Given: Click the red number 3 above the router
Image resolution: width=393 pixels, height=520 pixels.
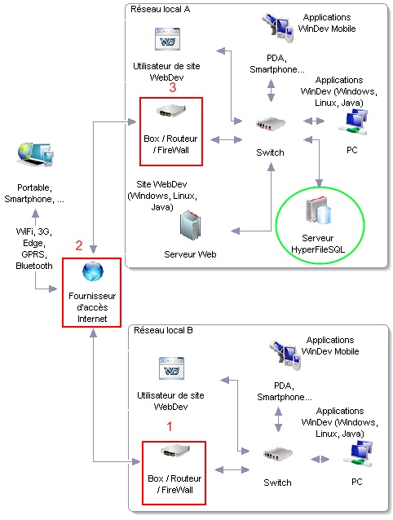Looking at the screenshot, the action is (x=173, y=87).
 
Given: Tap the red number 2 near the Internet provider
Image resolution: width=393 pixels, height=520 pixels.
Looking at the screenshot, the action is (x=78, y=245).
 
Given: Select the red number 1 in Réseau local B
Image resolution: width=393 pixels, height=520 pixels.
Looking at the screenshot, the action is (x=170, y=426).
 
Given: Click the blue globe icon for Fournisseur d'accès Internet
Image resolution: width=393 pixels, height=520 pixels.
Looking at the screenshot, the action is (x=92, y=271).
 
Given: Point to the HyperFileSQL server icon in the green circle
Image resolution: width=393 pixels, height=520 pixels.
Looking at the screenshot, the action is (x=318, y=210).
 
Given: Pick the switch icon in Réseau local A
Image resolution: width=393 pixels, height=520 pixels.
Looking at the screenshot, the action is (x=271, y=124).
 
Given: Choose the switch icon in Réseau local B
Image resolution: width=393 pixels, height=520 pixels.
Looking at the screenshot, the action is (x=278, y=454).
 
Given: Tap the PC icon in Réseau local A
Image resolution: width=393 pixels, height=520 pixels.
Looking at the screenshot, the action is (x=353, y=122).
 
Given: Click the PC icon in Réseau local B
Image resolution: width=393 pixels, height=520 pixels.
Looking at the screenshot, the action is (x=358, y=454).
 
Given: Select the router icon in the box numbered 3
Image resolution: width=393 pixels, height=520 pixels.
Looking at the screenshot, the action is (x=171, y=111).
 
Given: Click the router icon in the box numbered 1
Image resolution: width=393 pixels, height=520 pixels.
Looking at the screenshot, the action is (x=175, y=452).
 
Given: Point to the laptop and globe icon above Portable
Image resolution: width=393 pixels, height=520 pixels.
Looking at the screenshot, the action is (x=35, y=154).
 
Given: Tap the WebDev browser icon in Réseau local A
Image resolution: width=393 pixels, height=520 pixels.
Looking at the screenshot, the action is (x=167, y=39).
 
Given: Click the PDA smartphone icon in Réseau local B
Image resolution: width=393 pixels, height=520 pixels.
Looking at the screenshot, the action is (x=285, y=355).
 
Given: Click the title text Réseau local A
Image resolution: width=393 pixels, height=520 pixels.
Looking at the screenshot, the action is (x=160, y=9).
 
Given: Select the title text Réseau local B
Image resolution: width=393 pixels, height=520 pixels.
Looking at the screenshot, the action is (x=163, y=330).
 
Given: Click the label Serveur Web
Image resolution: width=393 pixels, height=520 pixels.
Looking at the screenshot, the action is (x=190, y=254).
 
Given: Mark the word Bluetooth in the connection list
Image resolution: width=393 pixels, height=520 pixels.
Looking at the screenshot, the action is (x=34, y=266).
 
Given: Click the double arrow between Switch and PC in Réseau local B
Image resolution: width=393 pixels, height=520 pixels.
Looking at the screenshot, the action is (x=320, y=460).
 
